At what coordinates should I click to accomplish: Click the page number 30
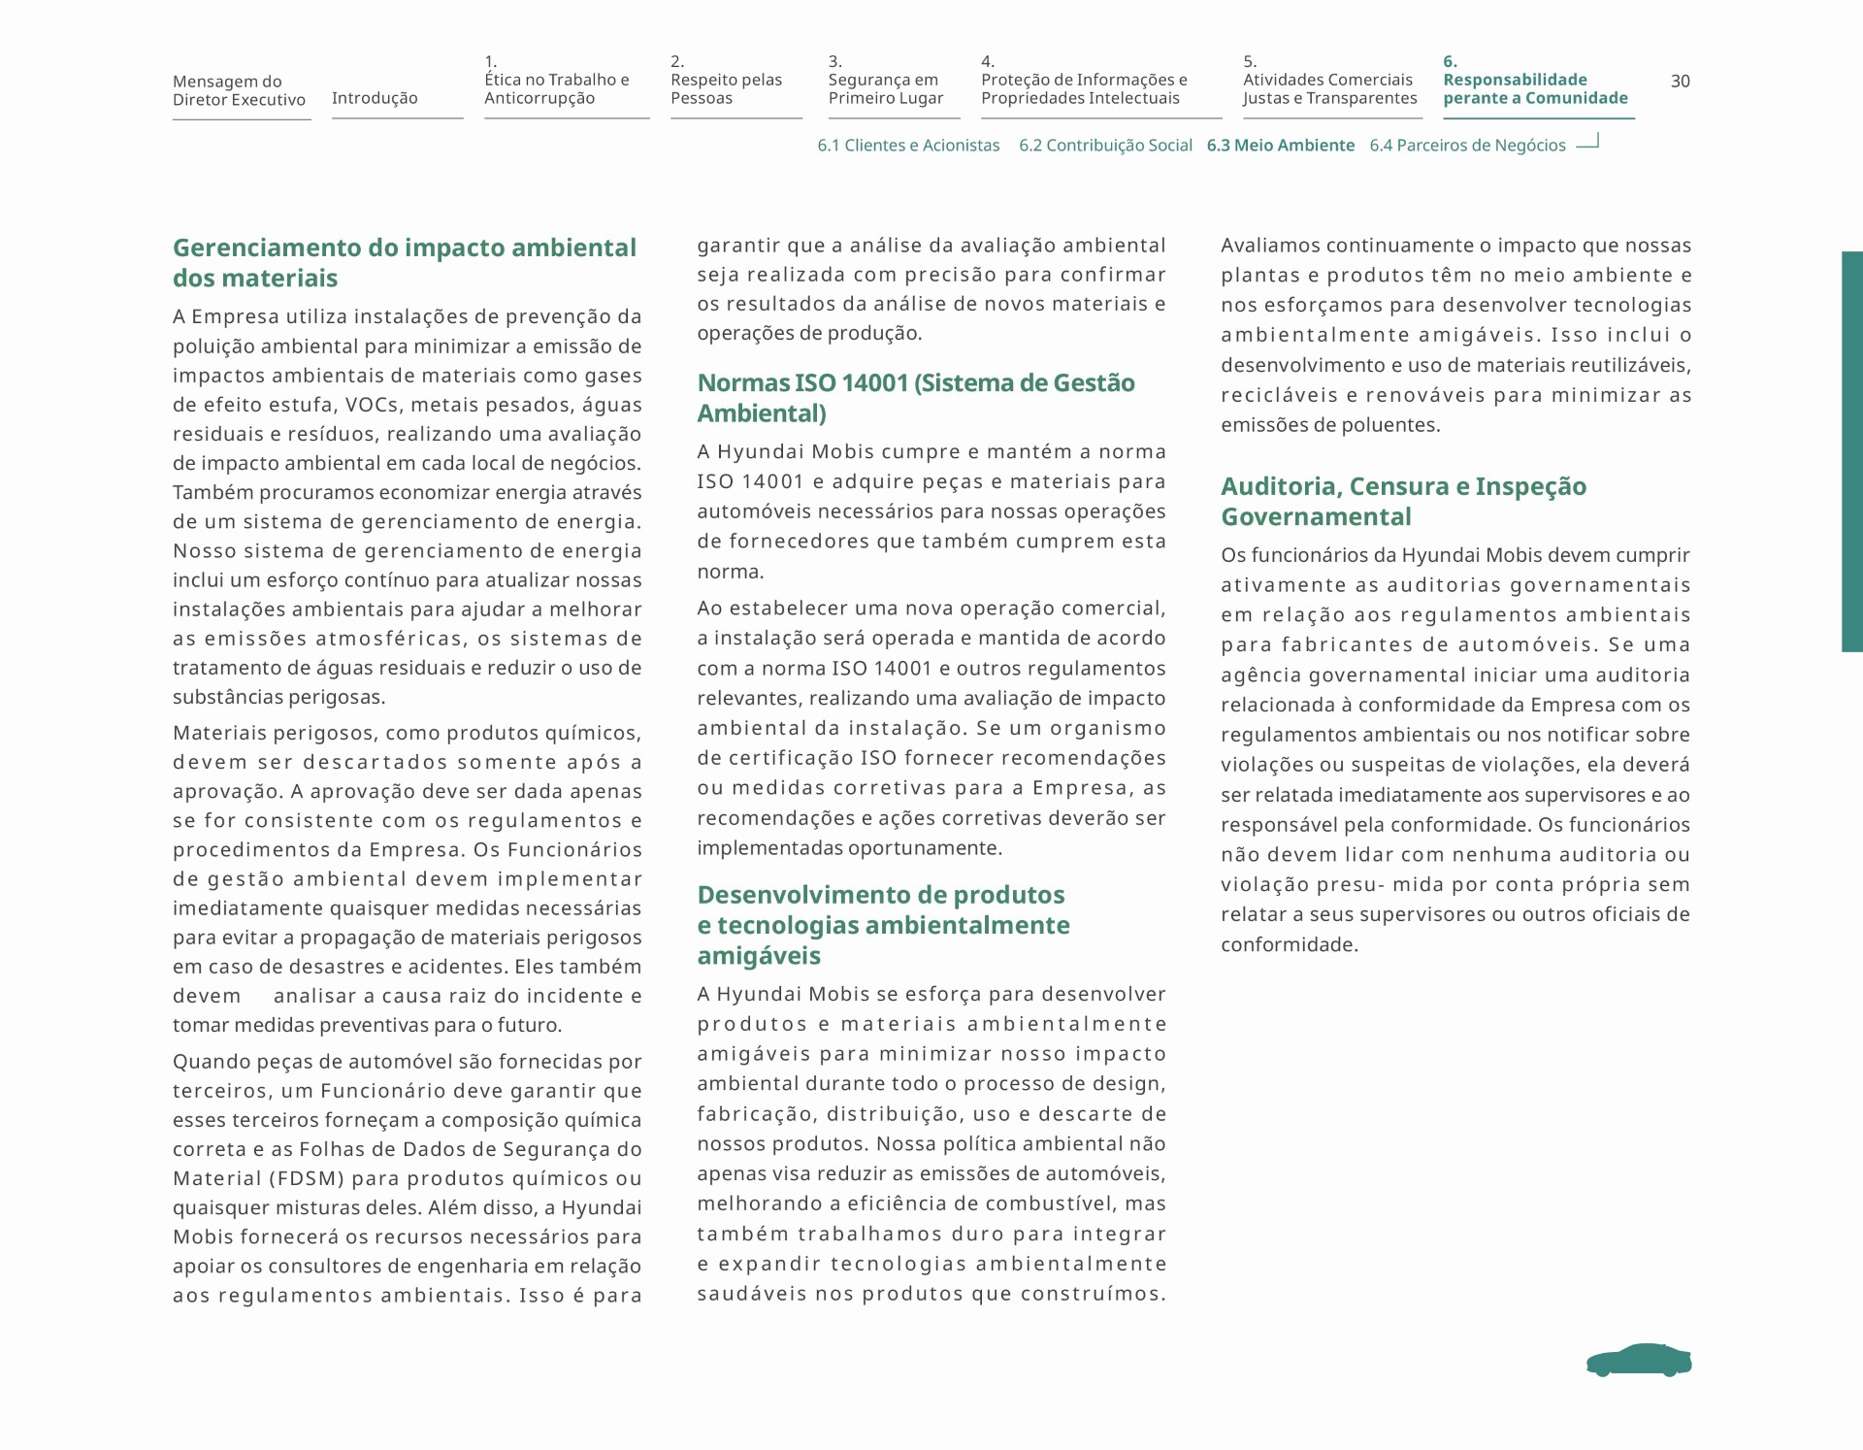click(x=1680, y=82)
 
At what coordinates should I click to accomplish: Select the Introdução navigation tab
click(x=375, y=98)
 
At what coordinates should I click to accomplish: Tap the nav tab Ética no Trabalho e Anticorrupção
click(x=557, y=88)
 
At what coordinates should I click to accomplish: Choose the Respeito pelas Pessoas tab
click(x=726, y=88)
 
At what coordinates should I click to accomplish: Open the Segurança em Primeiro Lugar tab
click(x=885, y=88)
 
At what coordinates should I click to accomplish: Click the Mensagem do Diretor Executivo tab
click(x=239, y=90)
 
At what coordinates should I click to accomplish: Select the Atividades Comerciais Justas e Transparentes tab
click(x=1329, y=88)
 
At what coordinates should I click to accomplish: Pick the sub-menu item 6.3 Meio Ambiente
click(x=1280, y=146)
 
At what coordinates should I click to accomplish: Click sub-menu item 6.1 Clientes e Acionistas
click(x=908, y=146)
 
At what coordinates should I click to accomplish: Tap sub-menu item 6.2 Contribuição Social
click(x=1105, y=146)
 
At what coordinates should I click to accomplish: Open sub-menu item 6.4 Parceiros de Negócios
click(x=1467, y=146)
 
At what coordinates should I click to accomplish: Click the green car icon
click(x=1639, y=1361)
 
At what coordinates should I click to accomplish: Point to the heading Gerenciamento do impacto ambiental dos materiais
click(x=405, y=263)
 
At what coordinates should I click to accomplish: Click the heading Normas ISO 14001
click(x=915, y=398)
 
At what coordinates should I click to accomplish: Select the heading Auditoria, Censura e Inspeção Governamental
click(x=1403, y=501)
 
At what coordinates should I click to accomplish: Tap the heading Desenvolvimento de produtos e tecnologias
click(x=883, y=925)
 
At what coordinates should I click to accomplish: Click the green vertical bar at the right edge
click(x=1851, y=451)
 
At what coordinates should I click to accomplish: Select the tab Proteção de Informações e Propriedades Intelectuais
click(x=1084, y=88)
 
